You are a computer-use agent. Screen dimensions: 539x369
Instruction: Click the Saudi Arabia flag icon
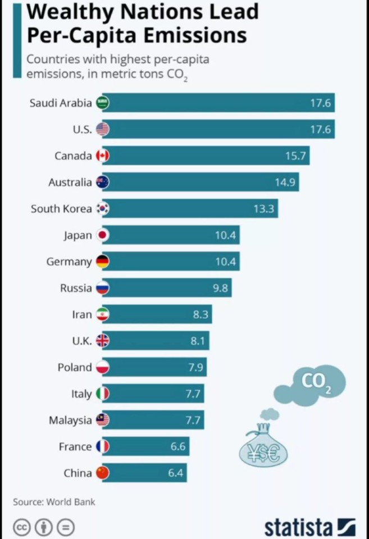click(x=102, y=103)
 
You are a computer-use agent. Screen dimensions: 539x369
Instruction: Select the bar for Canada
click(x=213, y=156)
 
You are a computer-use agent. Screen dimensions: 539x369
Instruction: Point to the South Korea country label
click(x=61, y=209)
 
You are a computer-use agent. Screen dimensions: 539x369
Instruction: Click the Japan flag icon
click(x=102, y=235)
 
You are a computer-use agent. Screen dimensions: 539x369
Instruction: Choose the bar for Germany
click(x=174, y=262)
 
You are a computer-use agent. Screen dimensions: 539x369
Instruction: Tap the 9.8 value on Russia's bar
click(x=218, y=288)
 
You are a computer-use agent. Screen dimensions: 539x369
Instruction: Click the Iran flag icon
click(x=102, y=314)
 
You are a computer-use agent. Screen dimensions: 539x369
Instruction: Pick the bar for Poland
click(x=157, y=367)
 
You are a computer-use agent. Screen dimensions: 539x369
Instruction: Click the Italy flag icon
click(x=102, y=394)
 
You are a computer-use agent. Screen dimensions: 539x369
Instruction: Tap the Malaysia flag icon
click(x=102, y=420)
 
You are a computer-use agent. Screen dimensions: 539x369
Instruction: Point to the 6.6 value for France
click(x=177, y=446)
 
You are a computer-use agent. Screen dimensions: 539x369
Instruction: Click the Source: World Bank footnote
click(x=54, y=501)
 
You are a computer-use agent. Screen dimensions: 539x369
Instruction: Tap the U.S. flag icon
click(x=102, y=129)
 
